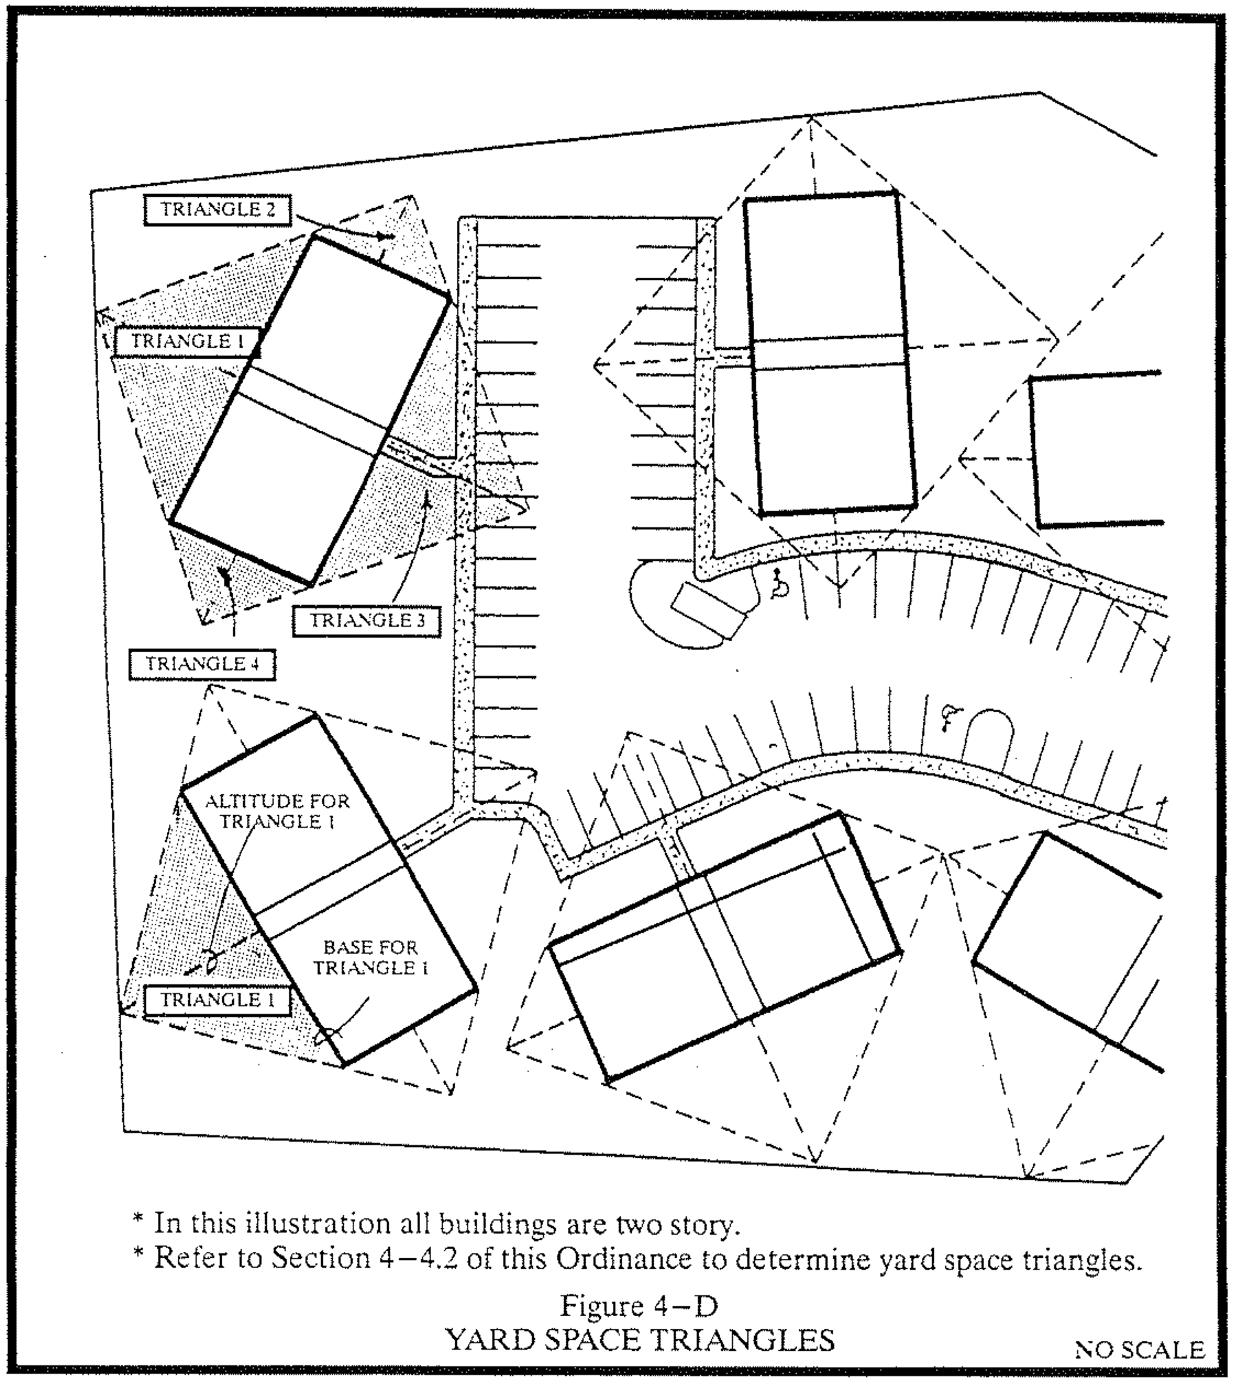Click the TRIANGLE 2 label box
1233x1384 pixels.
[217, 209]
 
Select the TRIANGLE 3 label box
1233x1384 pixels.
[367, 620]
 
